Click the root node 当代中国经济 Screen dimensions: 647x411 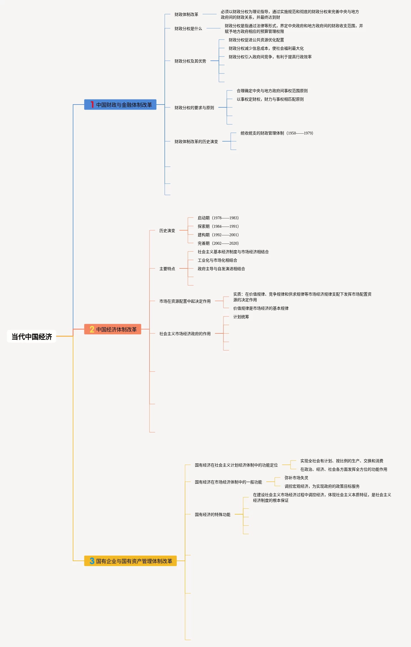(32, 336)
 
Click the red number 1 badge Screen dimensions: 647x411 (92, 105)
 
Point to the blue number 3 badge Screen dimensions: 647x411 (92, 561)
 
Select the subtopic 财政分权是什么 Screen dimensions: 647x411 (188, 29)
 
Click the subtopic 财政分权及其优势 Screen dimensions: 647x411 (190, 61)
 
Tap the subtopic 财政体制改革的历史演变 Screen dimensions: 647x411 (196, 142)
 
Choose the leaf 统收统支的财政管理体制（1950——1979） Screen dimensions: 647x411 (277, 133)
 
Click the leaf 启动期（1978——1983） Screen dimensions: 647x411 (218, 218)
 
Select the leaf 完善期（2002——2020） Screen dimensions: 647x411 (218, 243)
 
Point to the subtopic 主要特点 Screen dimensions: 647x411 (167, 269)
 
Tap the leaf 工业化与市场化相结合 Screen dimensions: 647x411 (217, 260)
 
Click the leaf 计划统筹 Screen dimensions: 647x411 (241, 317)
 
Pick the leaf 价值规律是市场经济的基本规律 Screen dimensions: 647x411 (261, 308)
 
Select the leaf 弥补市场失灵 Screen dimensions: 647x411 (296, 478)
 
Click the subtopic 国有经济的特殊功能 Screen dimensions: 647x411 (212, 514)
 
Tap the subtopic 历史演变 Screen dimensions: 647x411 (167, 231)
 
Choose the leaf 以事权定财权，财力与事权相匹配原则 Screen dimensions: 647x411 (270, 99)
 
